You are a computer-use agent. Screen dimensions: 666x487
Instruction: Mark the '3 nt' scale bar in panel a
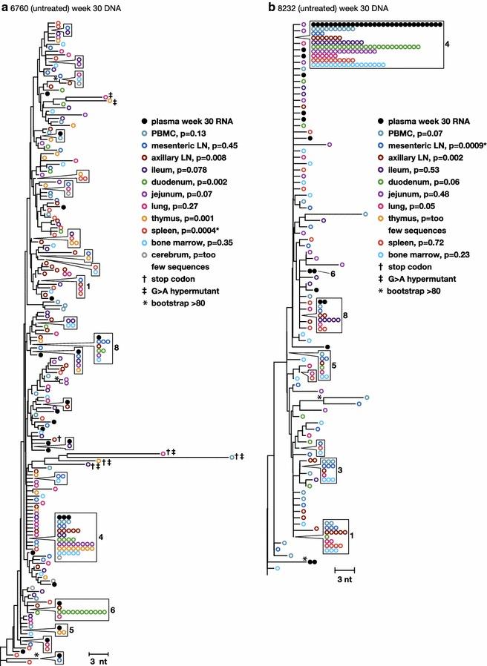99,659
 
